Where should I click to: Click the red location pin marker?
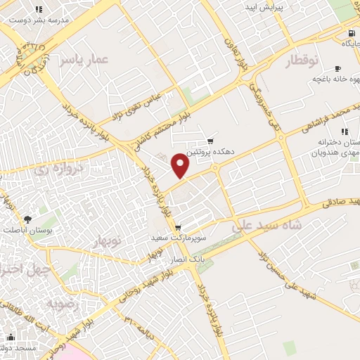coord(181,165)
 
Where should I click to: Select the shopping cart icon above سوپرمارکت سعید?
coord(178,227)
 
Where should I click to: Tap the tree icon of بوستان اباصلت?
coord(27,220)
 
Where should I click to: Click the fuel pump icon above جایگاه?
coord(349,33)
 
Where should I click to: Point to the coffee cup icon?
coord(338,68)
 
